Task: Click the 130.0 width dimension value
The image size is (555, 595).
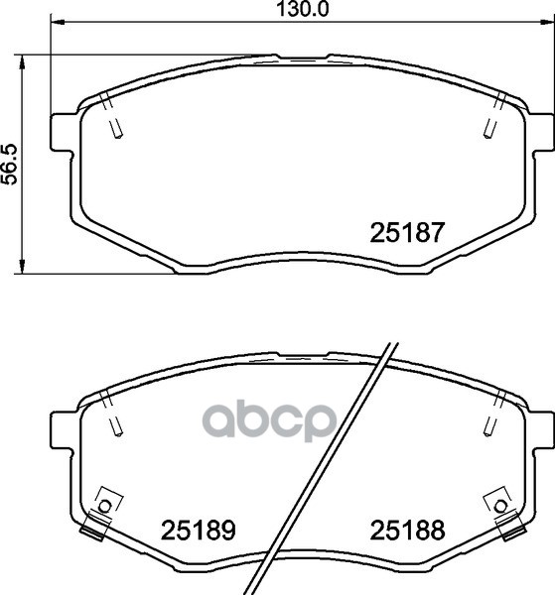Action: pyautogui.click(x=303, y=9)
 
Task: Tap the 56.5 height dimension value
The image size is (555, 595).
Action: pyautogui.click(x=10, y=164)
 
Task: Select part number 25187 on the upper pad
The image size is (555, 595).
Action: pyautogui.click(x=407, y=232)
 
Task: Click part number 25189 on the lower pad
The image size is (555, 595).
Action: pyautogui.click(x=199, y=530)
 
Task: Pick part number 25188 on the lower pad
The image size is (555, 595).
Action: pyautogui.click(x=407, y=530)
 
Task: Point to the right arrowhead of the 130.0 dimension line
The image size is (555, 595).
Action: pyautogui.click(x=546, y=22)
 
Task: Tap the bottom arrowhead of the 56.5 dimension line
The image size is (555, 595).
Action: pyautogui.click(x=23, y=265)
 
